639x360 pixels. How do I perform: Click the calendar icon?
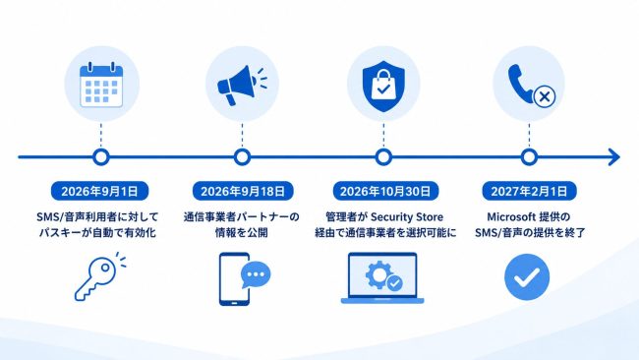[x=101, y=85]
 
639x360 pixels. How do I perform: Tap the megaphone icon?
[x=241, y=86]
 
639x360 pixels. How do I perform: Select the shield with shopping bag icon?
[x=383, y=87]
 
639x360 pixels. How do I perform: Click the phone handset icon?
[x=520, y=83]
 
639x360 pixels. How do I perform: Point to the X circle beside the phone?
[x=545, y=97]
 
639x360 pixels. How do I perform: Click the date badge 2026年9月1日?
[x=100, y=191]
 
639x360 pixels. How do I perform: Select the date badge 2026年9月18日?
[x=243, y=191]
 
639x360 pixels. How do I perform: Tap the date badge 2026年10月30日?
[x=385, y=191]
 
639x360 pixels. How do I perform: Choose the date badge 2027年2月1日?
[x=529, y=191]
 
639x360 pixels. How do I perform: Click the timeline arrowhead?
[x=613, y=157]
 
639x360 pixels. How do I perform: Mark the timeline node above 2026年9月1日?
[x=100, y=157]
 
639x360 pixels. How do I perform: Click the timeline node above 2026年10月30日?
[x=383, y=157]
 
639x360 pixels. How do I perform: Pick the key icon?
[x=97, y=277]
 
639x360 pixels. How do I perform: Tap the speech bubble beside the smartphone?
[x=256, y=274]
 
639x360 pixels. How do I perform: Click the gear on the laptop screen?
[x=379, y=274]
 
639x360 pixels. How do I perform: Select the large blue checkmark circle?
[x=527, y=276]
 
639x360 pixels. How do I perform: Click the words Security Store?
[x=407, y=217]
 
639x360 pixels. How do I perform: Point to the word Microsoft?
[x=511, y=216]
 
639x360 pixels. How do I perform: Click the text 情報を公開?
[x=241, y=233]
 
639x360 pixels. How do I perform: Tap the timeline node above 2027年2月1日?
[x=529, y=157]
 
